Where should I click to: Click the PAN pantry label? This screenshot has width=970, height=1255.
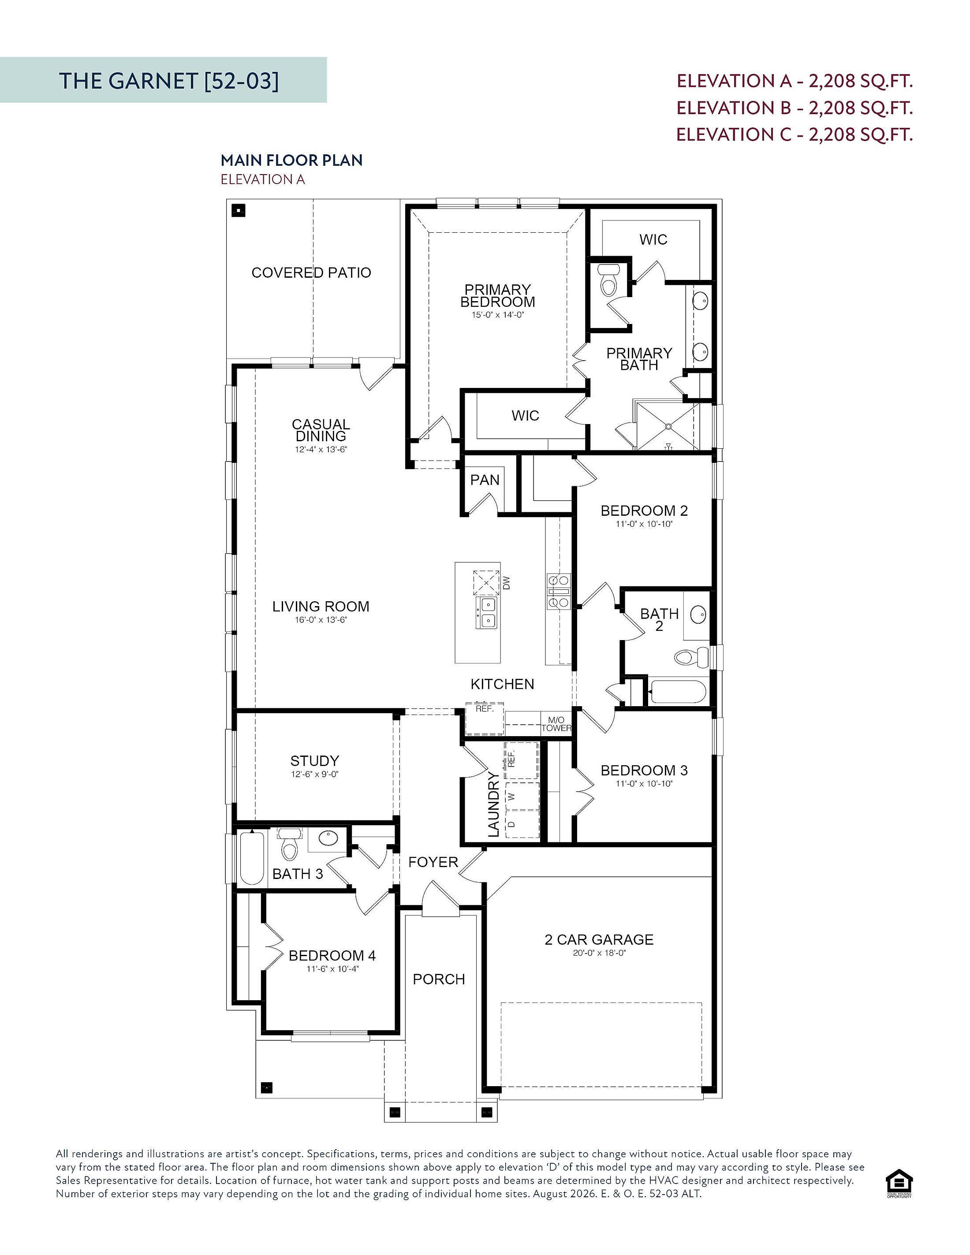pos(485,479)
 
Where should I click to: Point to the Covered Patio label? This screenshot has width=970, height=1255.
pos(311,272)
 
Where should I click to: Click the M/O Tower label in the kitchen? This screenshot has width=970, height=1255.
pos(556,724)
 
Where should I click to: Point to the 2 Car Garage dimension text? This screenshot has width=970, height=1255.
pos(599,952)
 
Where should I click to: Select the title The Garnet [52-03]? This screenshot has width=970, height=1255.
pos(168,81)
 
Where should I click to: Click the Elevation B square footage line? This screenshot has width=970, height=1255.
pos(794,108)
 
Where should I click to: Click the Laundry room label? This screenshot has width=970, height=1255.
pos(493,804)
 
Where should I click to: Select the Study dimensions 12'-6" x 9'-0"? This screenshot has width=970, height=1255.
pos(314,774)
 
